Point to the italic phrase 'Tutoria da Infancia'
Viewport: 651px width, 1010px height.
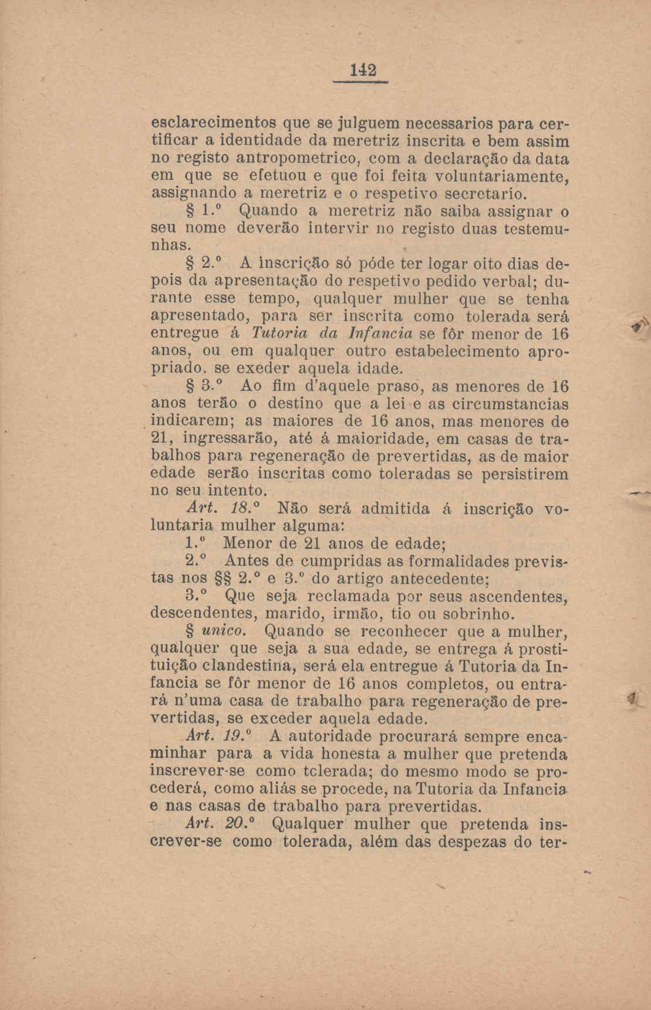(x=324, y=334)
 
